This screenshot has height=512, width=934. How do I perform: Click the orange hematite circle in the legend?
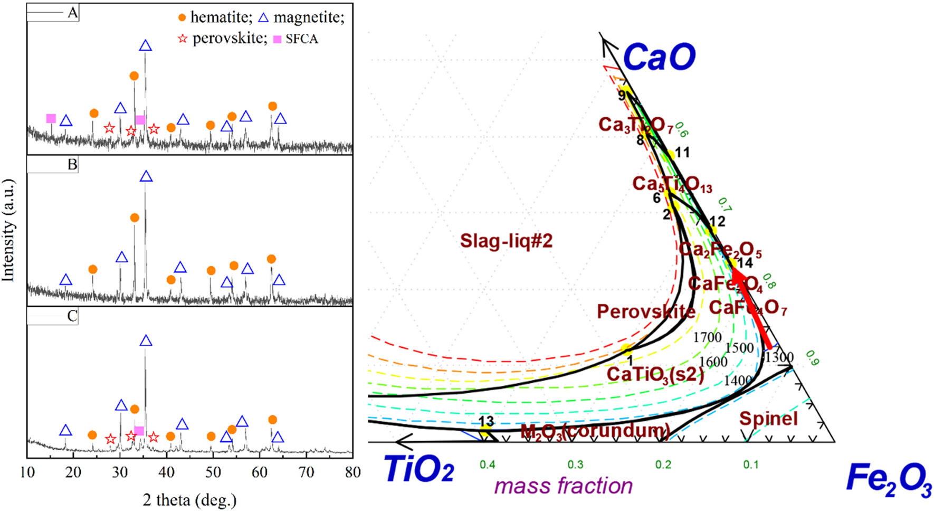(x=182, y=17)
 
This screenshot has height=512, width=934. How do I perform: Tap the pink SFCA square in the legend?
(x=277, y=39)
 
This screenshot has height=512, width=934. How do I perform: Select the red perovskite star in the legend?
(x=183, y=39)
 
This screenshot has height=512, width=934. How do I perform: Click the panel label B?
(x=72, y=165)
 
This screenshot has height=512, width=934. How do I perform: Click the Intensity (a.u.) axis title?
(x=8, y=230)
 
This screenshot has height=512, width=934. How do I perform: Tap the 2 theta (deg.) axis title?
(x=189, y=499)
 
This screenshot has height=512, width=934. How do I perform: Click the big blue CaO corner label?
(x=659, y=57)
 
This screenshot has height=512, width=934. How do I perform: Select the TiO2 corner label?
(x=418, y=469)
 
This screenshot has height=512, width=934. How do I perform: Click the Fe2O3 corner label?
(x=889, y=479)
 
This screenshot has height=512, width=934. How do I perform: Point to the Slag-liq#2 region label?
(x=506, y=241)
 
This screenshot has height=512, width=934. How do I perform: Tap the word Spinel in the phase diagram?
(x=768, y=419)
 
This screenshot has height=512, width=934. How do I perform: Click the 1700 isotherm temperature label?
(x=707, y=337)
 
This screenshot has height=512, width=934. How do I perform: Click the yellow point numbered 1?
(x=626, y=349)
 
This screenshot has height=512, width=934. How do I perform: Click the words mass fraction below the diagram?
(x=564, y=486)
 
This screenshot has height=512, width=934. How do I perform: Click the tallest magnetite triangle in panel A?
(x=146, y=46)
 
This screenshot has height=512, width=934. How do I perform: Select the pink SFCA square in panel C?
(x=139, y=431)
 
